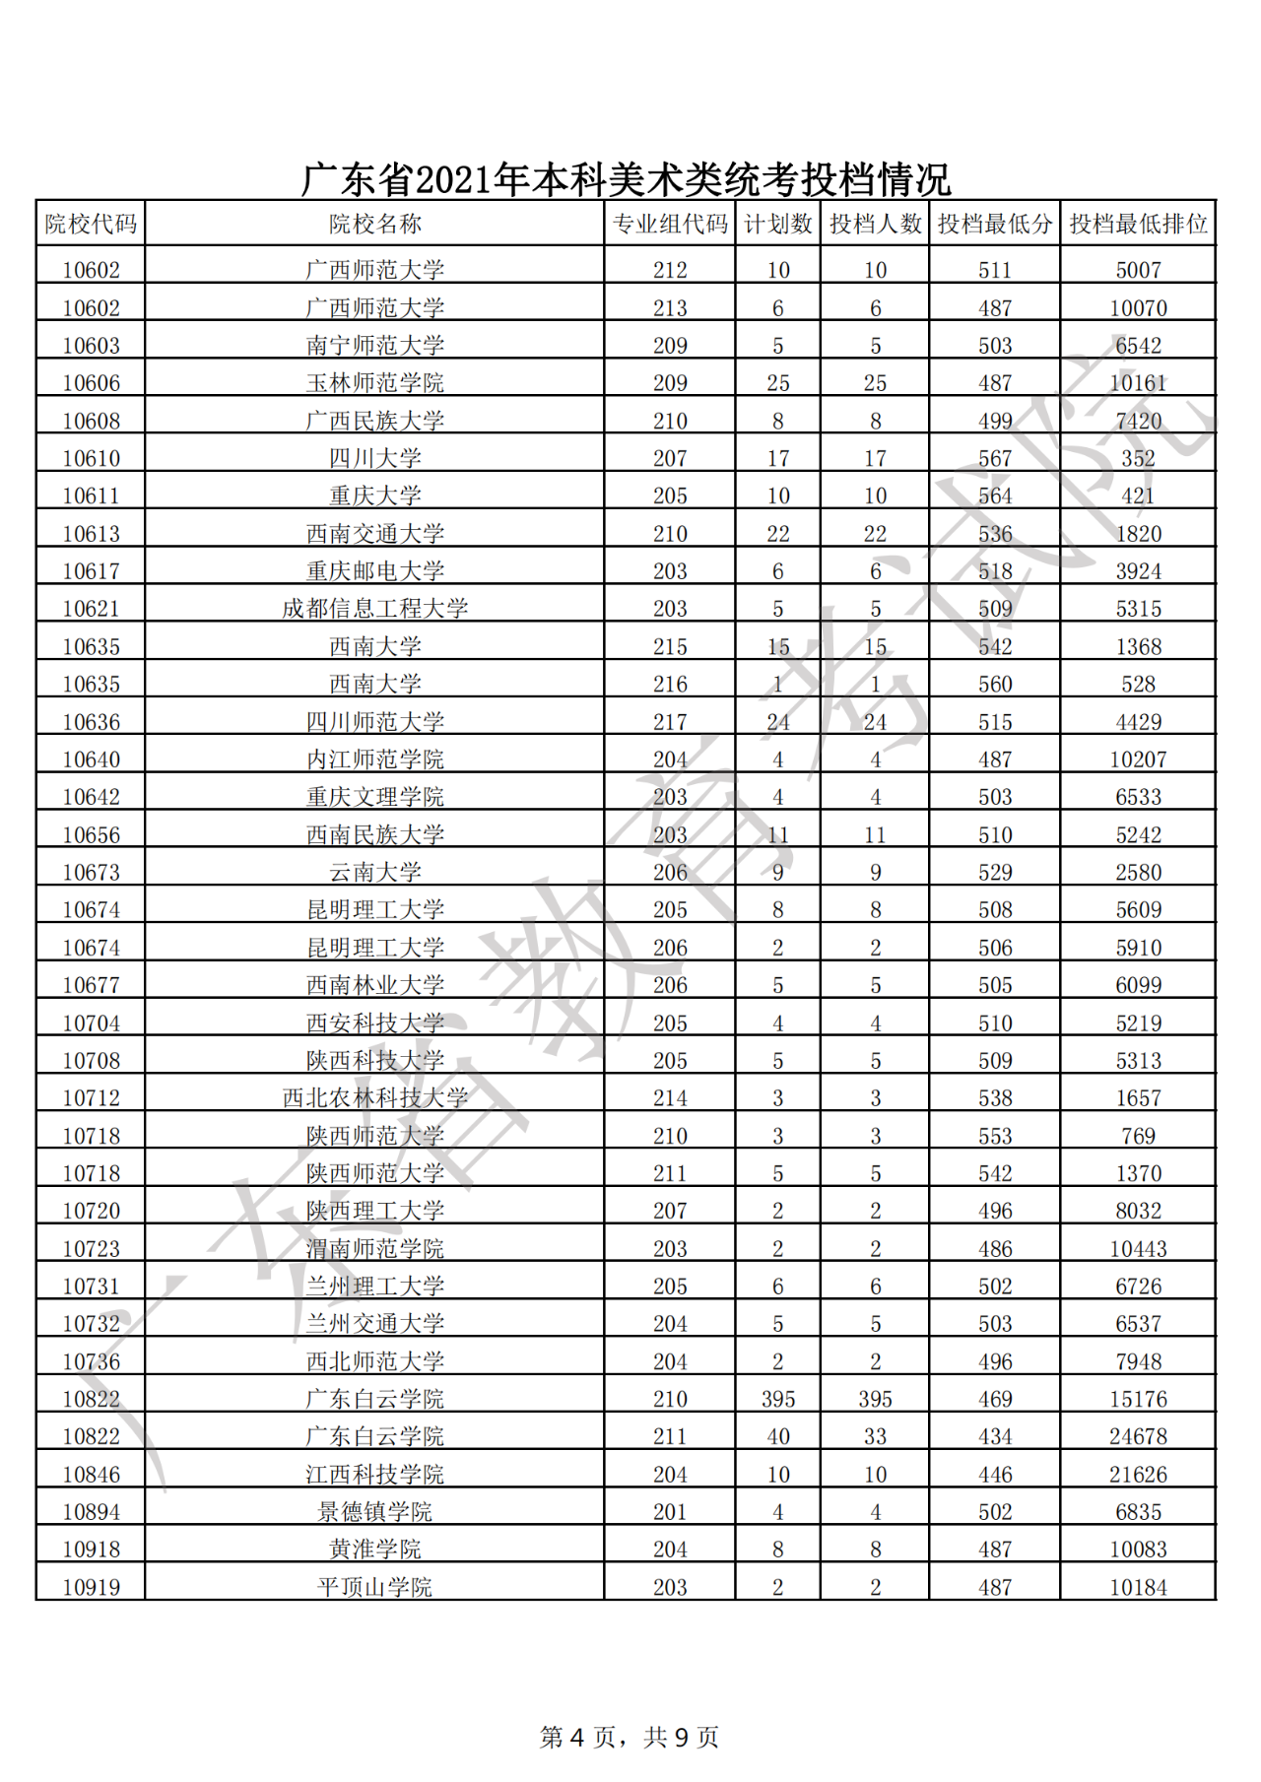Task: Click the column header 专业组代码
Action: pos(670,225)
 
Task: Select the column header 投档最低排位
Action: pos(1138,225)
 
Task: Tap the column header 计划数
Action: pos(777,225)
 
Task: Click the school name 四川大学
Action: pos(374,458)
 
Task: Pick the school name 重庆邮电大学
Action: pos(374,571)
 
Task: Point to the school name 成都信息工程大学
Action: pos(374,609)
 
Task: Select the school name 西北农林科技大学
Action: pos(374,1098)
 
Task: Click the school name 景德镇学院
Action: pos(374,1512)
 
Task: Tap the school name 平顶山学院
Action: pos(374,1587)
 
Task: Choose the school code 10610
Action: pos(91,458)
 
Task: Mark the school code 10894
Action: pos(91,1512)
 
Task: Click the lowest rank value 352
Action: pos(1138,458)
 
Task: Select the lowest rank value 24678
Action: pos(1138,1436)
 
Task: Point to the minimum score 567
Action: pos(995,458)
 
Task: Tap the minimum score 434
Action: pos(995,1436)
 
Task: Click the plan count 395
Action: pos(777,1399)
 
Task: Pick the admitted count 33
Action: pos(875,1436)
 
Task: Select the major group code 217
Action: pos(670,722)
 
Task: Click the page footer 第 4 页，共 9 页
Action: pos(630,1737)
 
